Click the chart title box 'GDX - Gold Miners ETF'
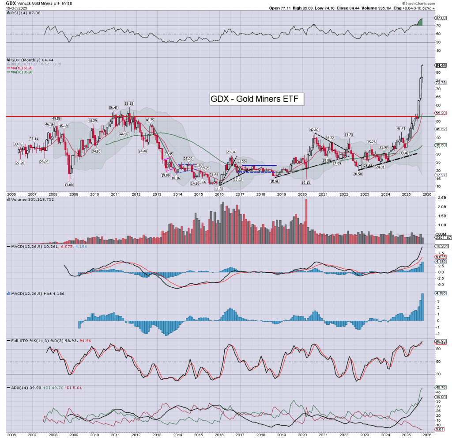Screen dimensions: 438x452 pyautogui.click(x=257, y=99)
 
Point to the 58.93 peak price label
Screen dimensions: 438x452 pyautogui.click(x=128, y=103)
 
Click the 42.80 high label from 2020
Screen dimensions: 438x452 pyautogui.click(x=314, y=130)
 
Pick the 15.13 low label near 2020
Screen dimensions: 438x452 pyautogui.click(x=307, y=182)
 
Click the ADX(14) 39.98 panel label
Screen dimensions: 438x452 pyautogui.click(x=20, y=387)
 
